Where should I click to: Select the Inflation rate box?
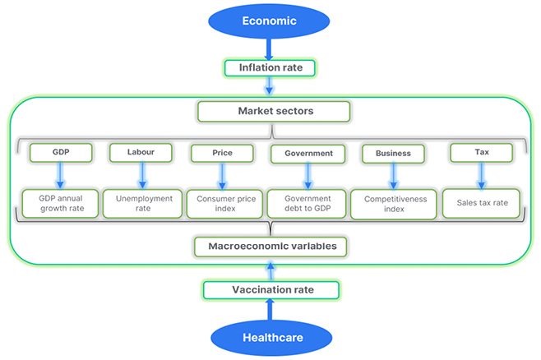point(269,67)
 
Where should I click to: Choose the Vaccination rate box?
point(270,289)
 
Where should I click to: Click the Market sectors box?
point(270,111)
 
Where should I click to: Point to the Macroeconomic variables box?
point(270,245)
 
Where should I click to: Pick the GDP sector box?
point(60,152)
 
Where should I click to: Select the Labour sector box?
point(141,152)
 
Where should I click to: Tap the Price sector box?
point(222,153)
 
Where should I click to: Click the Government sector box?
point(308,153)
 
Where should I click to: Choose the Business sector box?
point(392,153)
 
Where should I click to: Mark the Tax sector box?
point(481,152)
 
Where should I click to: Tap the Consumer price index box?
point(223,202)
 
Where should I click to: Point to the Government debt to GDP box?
point(307,203)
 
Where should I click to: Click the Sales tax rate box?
point(481,202)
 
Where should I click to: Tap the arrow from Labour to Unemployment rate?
point(142,174)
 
